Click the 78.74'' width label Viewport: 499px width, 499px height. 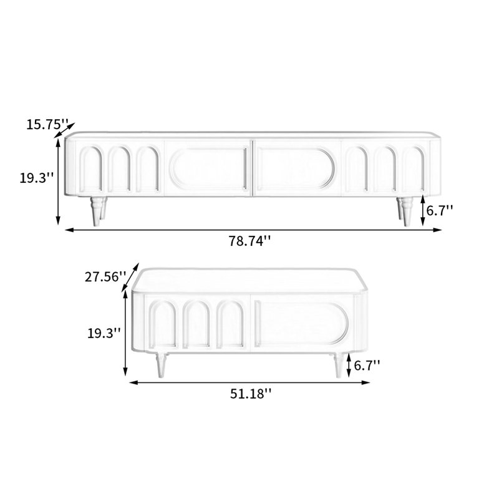click(250, 241)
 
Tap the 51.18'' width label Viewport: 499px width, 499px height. click(251, 394)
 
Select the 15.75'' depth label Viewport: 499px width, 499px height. click(47, 124)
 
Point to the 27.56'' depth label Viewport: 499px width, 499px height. click(105, 276)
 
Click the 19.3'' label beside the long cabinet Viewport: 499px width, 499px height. click(37, 178)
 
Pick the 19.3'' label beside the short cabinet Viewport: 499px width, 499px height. click(104, 333)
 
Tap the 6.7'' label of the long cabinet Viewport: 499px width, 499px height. click(440, 210)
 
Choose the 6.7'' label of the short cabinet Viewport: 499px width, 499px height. click(367, 366)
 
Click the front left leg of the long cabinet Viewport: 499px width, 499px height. click(95, 211)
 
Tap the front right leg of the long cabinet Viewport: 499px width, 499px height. click(407, 211)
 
